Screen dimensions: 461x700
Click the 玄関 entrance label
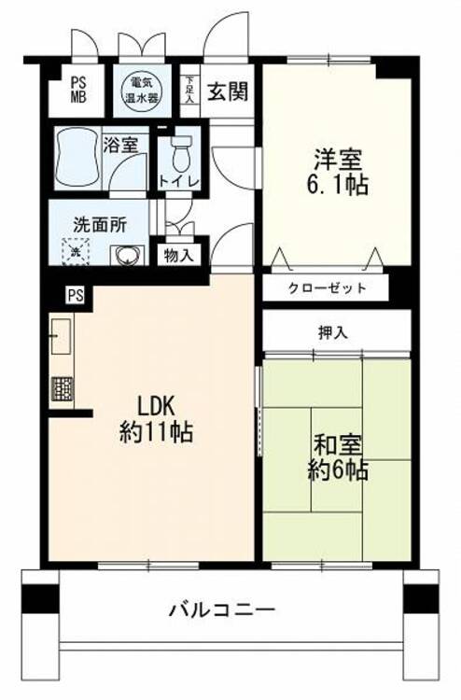228,91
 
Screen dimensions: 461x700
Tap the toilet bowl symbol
181,152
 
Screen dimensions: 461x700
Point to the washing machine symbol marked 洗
76,251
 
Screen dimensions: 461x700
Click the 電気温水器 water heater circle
141,91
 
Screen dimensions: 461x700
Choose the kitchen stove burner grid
62,389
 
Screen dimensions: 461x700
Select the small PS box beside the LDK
76,295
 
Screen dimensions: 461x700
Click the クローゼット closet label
328,288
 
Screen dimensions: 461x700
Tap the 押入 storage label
333,332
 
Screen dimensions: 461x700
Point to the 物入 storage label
178,256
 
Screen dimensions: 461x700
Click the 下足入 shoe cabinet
190,91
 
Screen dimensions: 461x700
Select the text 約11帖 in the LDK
156,432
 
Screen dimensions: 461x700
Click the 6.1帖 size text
337,185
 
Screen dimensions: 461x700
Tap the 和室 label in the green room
338,445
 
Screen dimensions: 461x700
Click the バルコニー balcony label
222,609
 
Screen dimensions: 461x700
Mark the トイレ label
179,182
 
